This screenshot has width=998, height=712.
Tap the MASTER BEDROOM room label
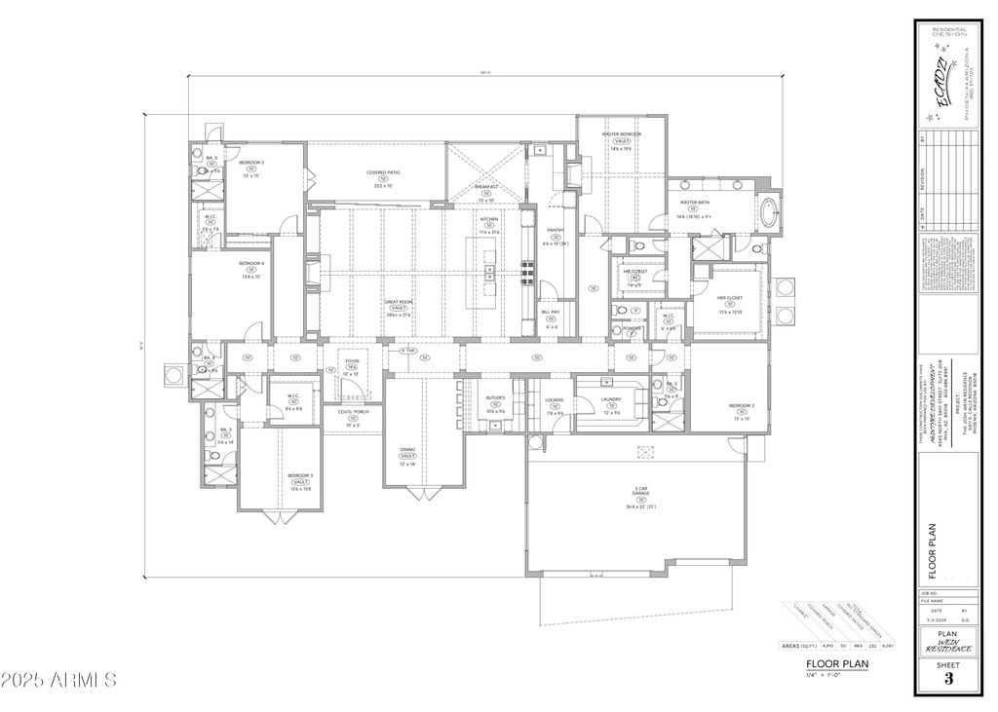click(x=621, y=133)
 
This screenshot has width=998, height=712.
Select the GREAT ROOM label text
click(x=398, y=303)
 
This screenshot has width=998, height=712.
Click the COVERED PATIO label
click(x=383, y=172)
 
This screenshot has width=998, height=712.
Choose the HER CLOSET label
click(x=730, y=298)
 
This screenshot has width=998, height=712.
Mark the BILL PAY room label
click(x=551, y=312)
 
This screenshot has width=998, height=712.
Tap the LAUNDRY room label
click(x=611, y=399)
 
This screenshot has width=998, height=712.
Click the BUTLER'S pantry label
click(x=495, y=398)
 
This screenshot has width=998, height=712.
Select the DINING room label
click(x=407, y=450)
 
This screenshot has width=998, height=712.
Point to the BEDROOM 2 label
click(x=742, y=405)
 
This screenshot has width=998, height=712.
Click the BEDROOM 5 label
click(x=251, y=163)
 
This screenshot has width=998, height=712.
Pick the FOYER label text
click(x=352, y=361)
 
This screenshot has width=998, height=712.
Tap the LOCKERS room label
click(x=555, y=399)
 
